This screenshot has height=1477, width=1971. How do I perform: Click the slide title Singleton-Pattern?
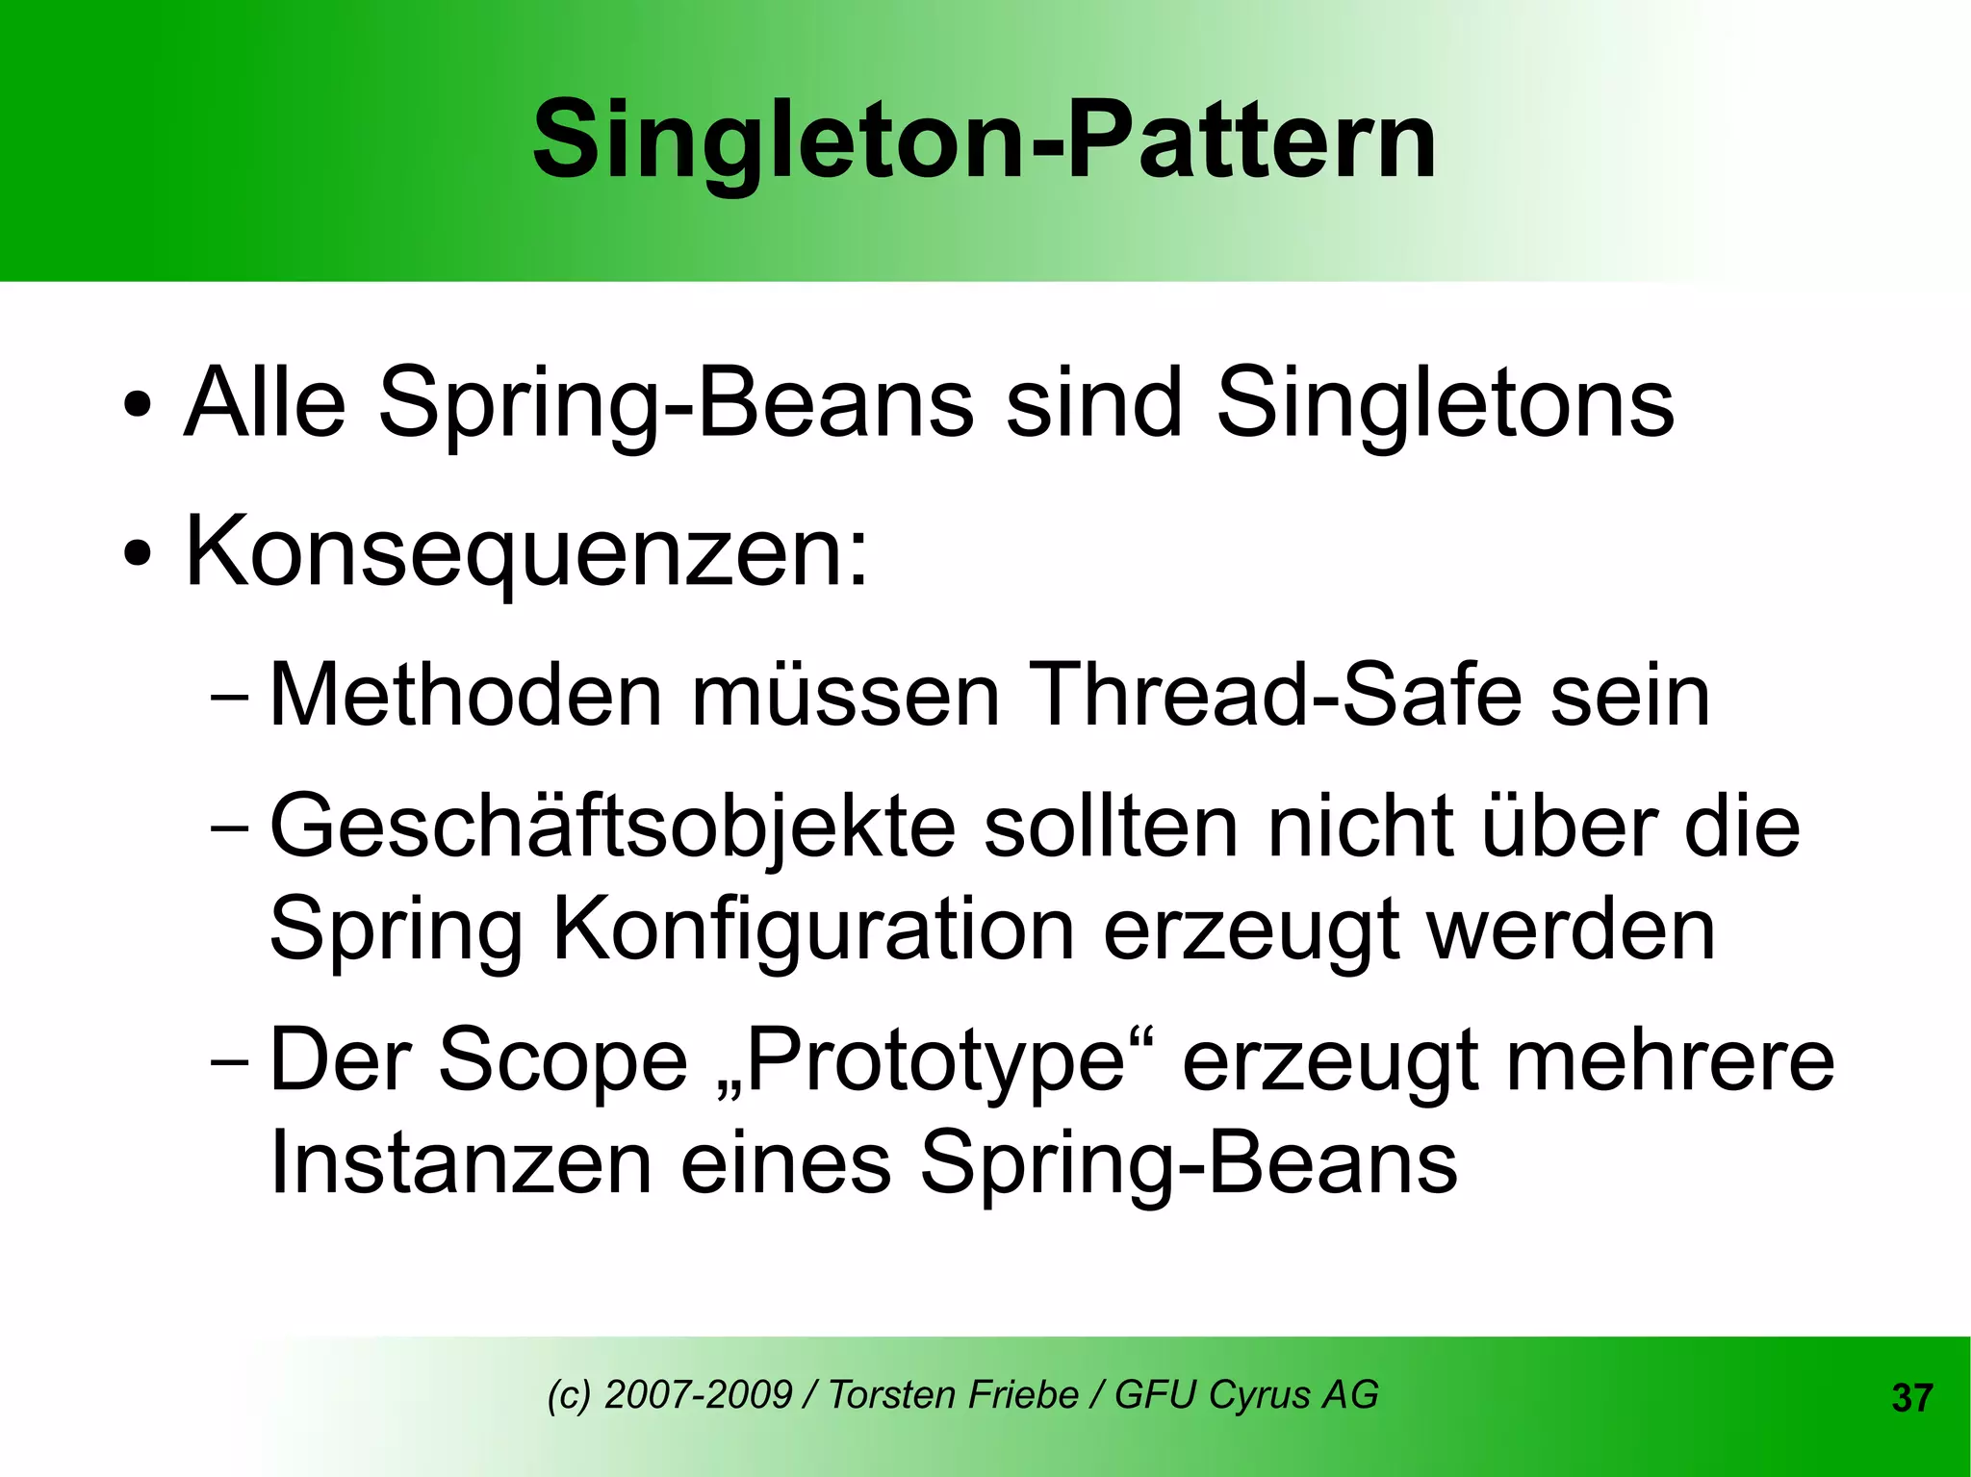(x=984, y=140)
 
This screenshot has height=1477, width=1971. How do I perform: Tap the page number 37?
(x=1911, y=1398)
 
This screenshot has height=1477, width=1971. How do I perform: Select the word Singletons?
(x=1445, y=404)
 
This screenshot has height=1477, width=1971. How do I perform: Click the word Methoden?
(x=466, y=695)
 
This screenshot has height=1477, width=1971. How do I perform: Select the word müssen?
(x=846, y=695)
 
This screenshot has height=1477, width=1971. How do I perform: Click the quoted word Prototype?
(x=934, y=1061)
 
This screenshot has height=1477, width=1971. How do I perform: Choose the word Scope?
(x=563, y=1061)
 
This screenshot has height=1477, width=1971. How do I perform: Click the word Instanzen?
(x=461, y=1163)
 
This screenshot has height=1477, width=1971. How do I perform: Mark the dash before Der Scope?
(x=229, y=1063)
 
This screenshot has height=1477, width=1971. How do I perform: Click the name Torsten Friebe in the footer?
(x=953, y=1394)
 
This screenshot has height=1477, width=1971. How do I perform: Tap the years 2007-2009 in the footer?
(x=698, y=1394)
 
